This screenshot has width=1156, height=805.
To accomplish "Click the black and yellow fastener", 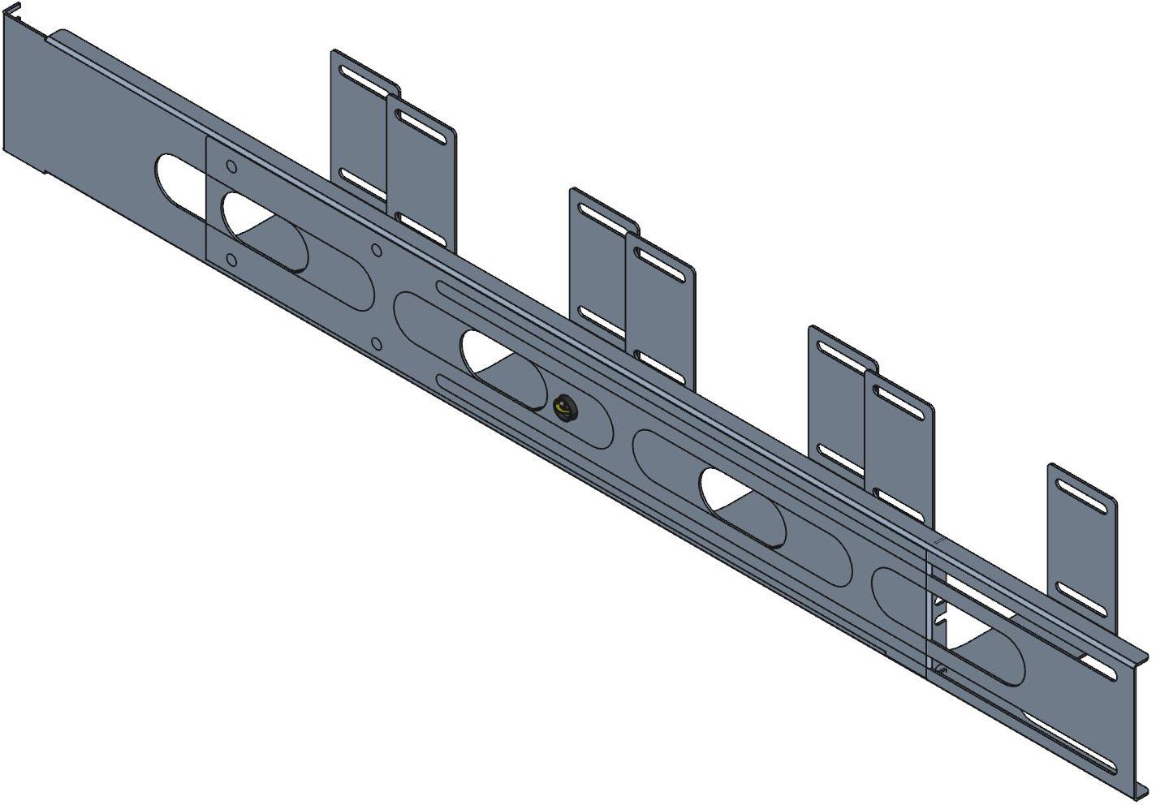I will [562, 407].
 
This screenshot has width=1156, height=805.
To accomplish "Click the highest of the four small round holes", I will [231, 168].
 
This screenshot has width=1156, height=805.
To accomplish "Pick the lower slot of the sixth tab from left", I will [897, 500].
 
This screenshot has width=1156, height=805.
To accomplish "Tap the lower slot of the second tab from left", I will [420, 225].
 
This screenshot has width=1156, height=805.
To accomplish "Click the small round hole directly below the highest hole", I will [231, 260].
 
